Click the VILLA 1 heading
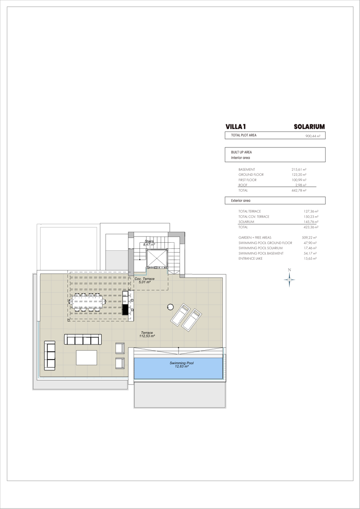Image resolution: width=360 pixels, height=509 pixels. pyautogui.click(x=236, y=127)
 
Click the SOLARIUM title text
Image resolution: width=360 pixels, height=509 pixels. pyautogui.click(x=310, y=127)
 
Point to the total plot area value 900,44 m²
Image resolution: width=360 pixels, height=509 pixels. pyautogui.click(x=312, y=136)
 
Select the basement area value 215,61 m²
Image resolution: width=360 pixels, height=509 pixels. pyautogui.click(x=299, y=170)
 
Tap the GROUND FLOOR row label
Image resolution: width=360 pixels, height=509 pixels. pyautogui.click(x=251, y=175)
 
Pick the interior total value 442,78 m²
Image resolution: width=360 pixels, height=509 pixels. pyautogui.click(x=299, y=190)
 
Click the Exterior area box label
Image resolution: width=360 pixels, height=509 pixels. pyautogui.click(x=240, y=201)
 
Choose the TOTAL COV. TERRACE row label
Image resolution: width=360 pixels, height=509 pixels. pyautogui.click(x=254, y=216)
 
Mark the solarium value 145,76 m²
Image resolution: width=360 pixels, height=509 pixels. pyautogui.click(x=311, y=222)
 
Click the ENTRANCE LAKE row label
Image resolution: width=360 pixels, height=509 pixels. pyautogui.click(x=250, y=258)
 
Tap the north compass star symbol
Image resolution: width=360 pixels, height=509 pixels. pyautogui.click(x=289, y=279)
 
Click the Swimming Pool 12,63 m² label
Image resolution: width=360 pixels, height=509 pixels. pyautogui.click(x=181, y=364)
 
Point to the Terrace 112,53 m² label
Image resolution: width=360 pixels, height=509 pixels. pyautogui.click(x=147, y=334)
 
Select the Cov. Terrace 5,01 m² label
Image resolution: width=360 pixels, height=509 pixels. pyautogui.click(x=145, y=280)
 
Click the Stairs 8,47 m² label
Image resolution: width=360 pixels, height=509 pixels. pyautogui.click(x=149, y=243)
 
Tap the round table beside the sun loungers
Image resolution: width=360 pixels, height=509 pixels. pyautogui.click(x=170, y=307)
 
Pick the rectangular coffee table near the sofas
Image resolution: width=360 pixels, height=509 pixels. pyautogui.click(x=87, y=357)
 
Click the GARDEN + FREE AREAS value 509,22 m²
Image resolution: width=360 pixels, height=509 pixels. pyautogui.click(x=310, y=238)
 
